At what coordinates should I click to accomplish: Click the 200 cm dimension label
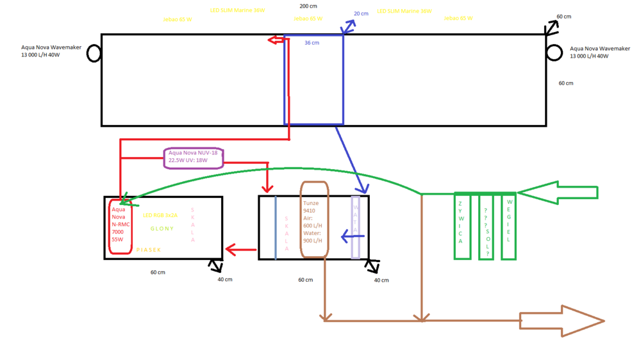click(308, 6)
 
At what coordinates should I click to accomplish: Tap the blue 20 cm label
click(361, 13)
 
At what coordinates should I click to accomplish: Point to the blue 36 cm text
click(312, 43)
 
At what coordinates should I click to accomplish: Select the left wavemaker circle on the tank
click(94, 53)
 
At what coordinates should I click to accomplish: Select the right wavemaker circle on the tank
click(554, 52)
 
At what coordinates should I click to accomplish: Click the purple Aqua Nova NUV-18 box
click(194, 157)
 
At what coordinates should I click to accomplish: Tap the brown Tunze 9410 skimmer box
click(314, 220)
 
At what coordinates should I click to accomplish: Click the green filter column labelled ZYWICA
click(462, 226)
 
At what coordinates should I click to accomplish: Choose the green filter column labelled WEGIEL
click(508, 226)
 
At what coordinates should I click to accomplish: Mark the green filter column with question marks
click(485, 226)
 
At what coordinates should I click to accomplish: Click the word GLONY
click(162, 229)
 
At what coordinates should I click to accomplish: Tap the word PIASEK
click(149, 250)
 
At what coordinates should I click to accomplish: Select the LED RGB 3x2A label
click(160, 215)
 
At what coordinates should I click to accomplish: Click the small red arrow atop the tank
click(276, 40)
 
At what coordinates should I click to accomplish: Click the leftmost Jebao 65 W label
click(178, 19)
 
